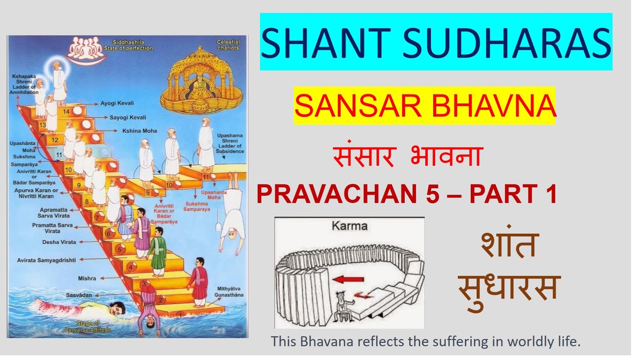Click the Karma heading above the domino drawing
[349, 226]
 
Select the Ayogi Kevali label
[117, 103]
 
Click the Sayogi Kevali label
[128, 117]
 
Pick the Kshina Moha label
[139, 131]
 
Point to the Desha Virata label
[59, 242]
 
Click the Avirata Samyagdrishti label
[46, 260]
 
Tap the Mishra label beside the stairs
[87, 278]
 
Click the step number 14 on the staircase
[66, 111]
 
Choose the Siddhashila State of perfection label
[128, 45]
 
